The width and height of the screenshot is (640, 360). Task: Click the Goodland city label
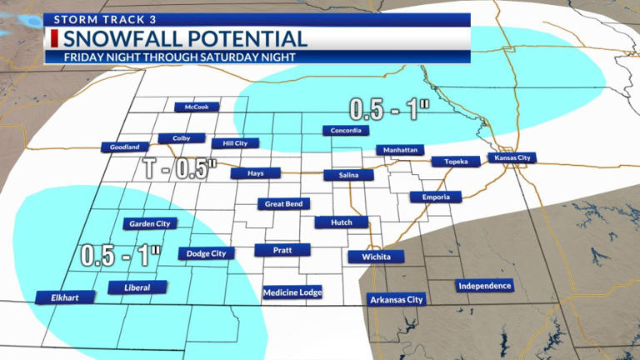tap(125, 147)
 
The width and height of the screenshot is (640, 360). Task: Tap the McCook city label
tap(197, 107)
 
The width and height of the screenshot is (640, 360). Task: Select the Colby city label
tap(182, 138)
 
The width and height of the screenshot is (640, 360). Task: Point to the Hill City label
tap(229, 143)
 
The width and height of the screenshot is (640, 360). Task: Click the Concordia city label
tap(345, 131)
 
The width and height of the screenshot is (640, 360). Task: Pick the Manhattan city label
tap(401, 150)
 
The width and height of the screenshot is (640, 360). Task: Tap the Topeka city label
tap(456, 162)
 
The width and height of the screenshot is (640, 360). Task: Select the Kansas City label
tap(512, 157)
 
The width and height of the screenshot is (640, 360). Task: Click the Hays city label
tap(256, 173)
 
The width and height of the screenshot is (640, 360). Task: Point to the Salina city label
tap(343, 175)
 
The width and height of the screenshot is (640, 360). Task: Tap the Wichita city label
tap(377, 257)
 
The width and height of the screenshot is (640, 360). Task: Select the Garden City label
tap(151, 223)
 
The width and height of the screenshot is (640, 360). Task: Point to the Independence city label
tap(484, 287)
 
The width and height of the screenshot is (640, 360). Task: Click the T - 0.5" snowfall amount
tap(179, 168)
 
